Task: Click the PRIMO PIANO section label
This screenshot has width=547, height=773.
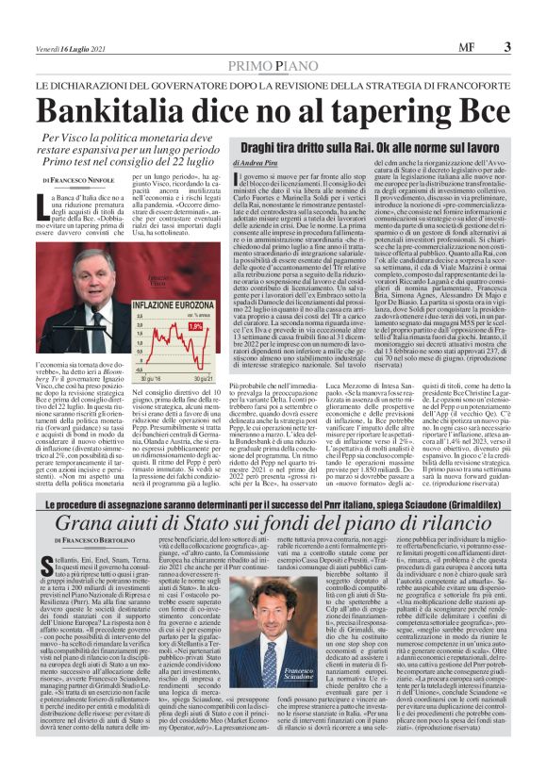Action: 273,64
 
